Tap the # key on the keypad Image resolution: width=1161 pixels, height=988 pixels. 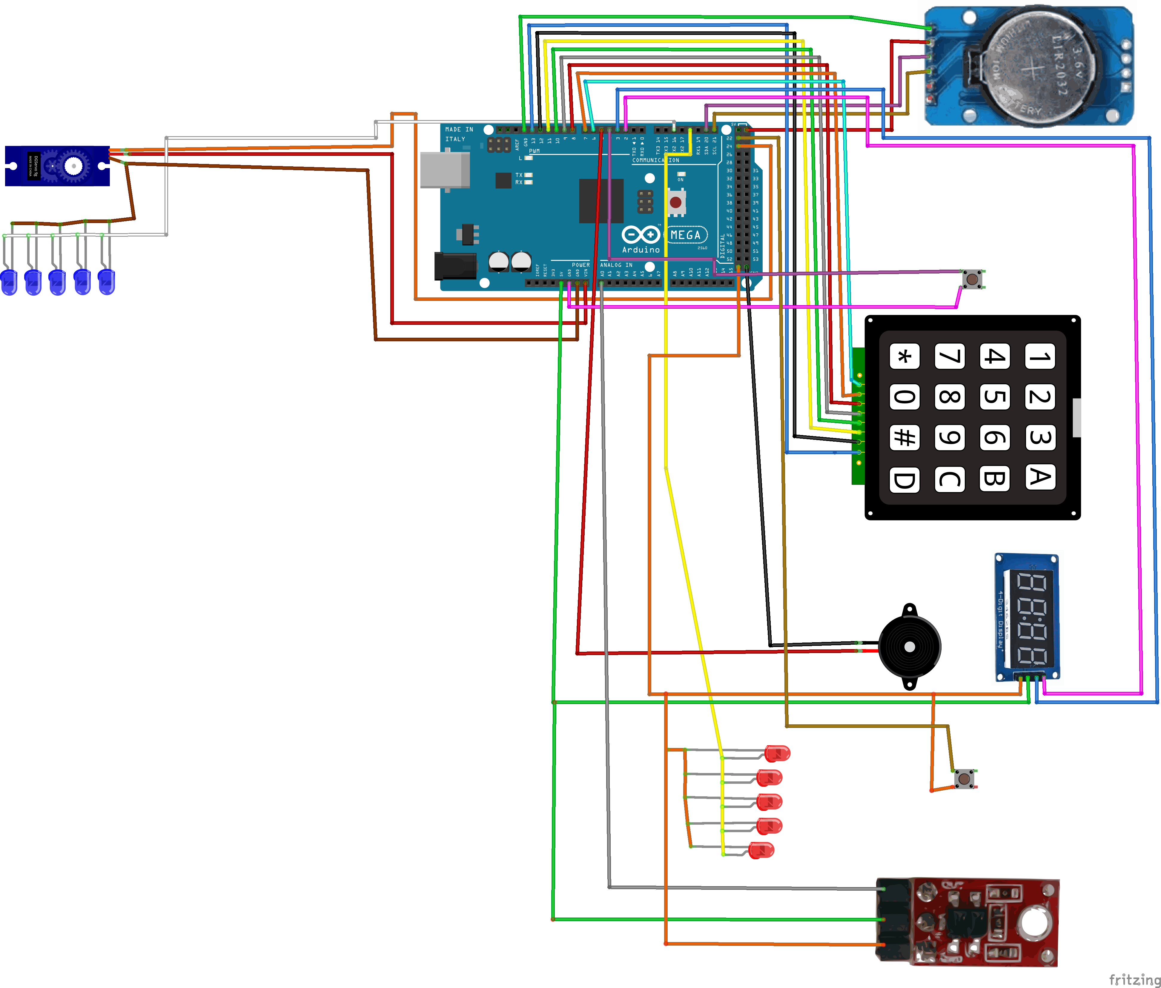(904, 437)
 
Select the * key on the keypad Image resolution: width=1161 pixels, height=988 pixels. (904, 356)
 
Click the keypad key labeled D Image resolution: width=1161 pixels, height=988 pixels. (904, 480)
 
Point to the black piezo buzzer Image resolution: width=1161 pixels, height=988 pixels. (910, 647)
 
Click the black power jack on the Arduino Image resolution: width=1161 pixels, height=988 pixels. (455, 265)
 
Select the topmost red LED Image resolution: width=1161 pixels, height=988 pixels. (777, 753)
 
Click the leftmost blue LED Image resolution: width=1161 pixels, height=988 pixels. (9, 282)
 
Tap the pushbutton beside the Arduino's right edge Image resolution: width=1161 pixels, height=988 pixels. (972, 278)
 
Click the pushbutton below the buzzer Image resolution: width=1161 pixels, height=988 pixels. (964, 778)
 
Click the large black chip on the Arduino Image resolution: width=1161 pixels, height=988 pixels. (601, 201)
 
